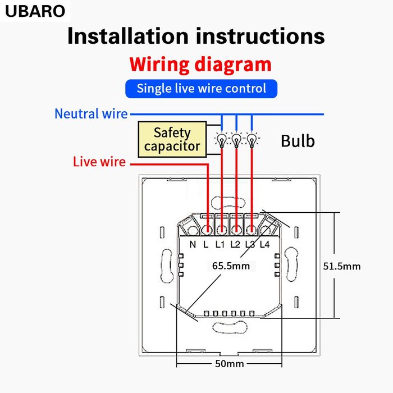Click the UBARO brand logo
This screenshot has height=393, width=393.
pos(35,11)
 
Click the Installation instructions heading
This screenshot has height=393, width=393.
pos(196,36)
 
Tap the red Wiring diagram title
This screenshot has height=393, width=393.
pos(200,64)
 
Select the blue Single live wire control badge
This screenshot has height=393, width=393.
pos(201,88)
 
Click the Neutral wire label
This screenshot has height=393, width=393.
pos(91,114)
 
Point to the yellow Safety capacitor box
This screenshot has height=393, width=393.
pos(172,140)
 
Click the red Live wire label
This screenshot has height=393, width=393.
pos(99,162)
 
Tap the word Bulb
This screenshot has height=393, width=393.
pos(298,140)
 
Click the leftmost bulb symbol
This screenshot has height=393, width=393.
pos(222,139)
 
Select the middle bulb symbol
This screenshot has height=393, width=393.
pos(237,139)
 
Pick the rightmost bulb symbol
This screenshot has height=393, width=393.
pos(252,139)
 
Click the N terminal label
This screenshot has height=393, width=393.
pos(193,244)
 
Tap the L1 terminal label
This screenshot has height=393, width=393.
pos(220,244)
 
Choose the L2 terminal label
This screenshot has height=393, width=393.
pos(236,244)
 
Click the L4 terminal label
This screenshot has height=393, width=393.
pos(265,244)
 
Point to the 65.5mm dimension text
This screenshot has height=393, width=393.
pos(230,266)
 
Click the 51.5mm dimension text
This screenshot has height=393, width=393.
pos(341,266)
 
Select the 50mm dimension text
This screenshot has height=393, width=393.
pos(229,364)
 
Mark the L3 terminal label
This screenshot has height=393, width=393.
pos(250,244)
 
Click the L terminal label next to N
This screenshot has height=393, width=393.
pos(206,244)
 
